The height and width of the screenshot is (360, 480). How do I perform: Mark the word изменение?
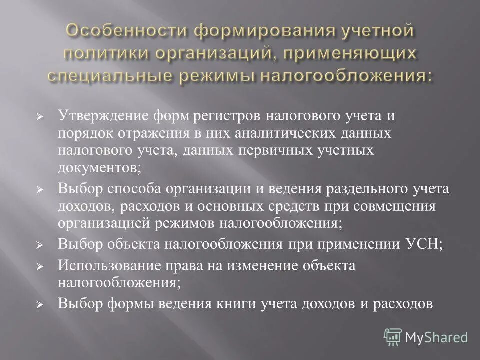[256, 266]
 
